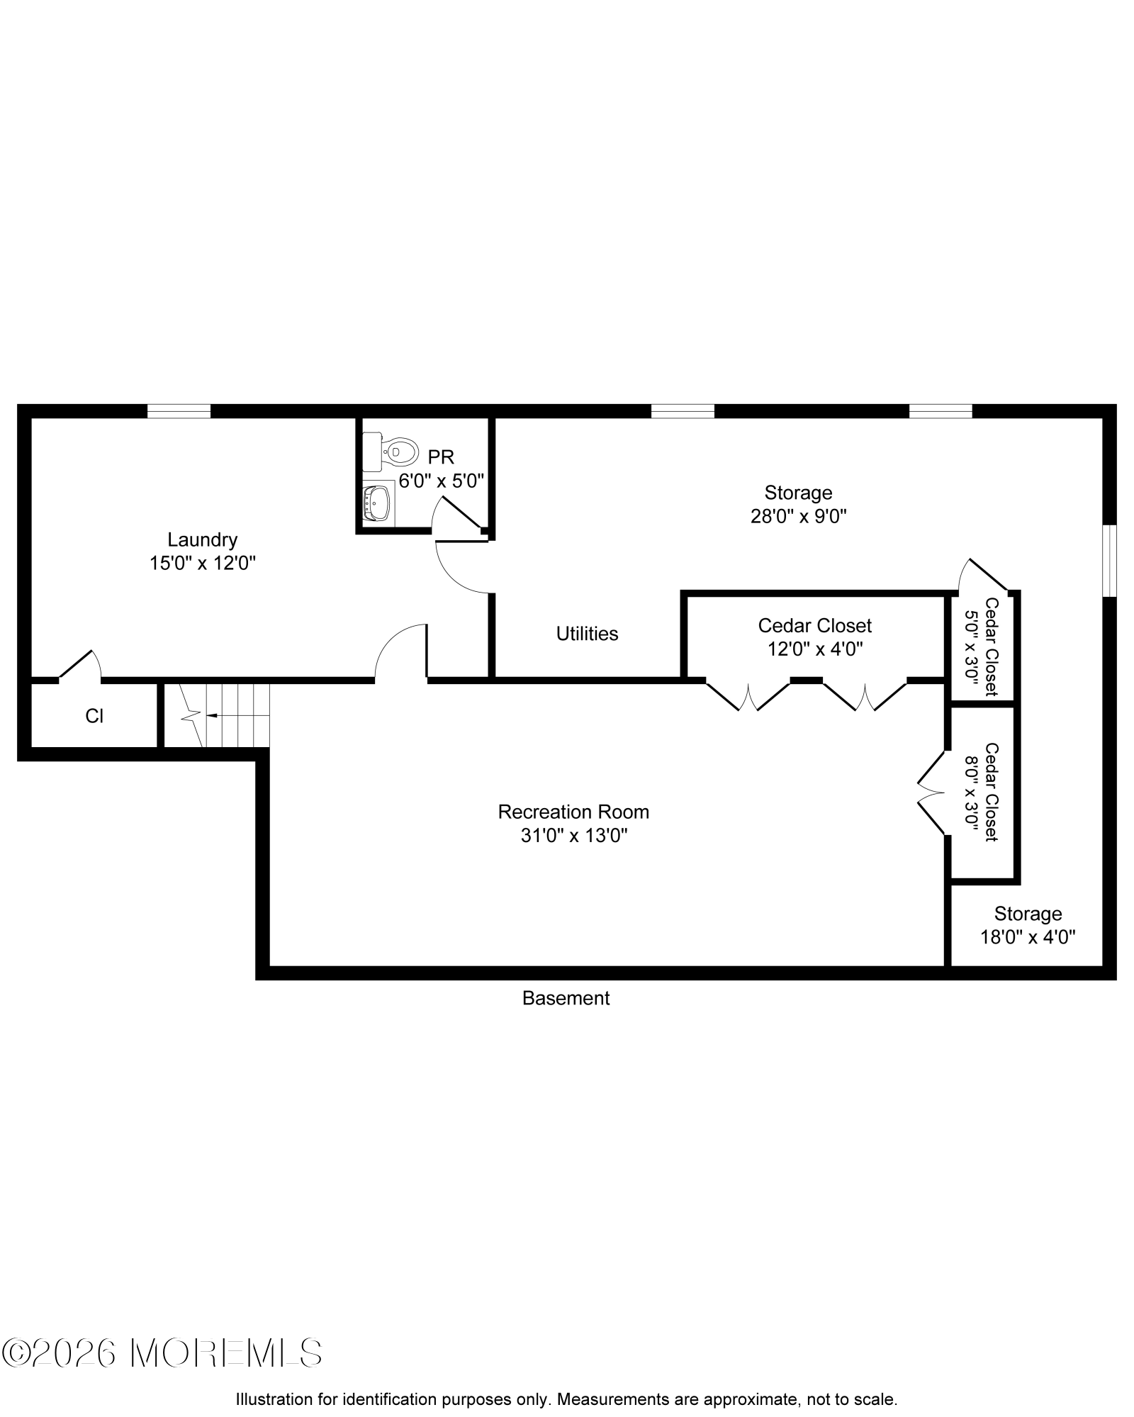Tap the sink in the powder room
pos(376,503)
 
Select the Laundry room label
pos(202,540)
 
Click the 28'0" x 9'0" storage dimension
pos(799,516)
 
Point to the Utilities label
pos(587,634)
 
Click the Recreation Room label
pos(573,812)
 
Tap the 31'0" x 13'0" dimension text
pos(574,836)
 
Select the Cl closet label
pos(94,717)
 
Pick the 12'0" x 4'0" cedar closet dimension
pos(815,649)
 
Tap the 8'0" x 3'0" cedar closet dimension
pos(972,792)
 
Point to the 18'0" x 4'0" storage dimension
pos(1028,937)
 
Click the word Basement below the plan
pos(566,998)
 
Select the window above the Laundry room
pos(179,411)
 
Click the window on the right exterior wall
pos(1110,561)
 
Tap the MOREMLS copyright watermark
pos(162,1353)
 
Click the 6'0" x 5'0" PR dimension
pos(441,481)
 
